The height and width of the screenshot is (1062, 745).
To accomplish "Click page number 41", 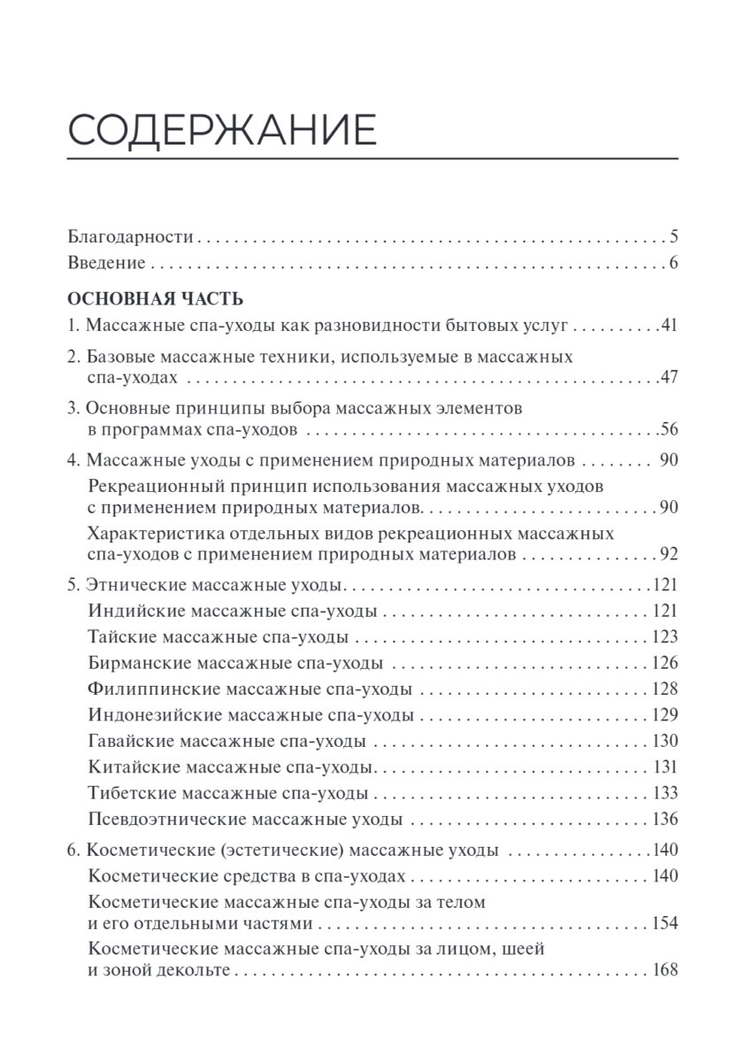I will [x=668, y=325].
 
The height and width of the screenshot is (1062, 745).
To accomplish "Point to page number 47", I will [x=668, y=378].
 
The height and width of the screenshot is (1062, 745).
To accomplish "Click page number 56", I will [x=668, y=431].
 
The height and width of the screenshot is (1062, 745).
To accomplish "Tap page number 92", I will [x=668, y=556].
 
